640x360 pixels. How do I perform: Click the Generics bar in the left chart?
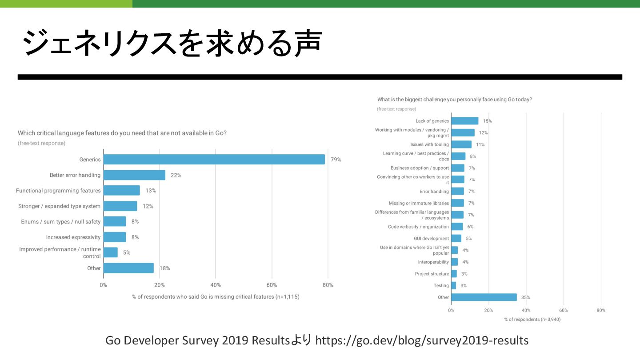tap(214, 160)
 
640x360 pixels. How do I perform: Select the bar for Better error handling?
tap(134, 175)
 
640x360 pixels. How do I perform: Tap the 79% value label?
tap(336, 160)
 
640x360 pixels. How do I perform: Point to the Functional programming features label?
tap(58, 191)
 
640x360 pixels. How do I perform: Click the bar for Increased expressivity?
tap(115, 237)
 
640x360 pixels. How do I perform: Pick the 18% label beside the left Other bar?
tap(165, 268)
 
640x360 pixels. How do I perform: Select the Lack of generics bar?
tap(464, 121)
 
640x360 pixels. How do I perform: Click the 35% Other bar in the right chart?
tap(484, 297)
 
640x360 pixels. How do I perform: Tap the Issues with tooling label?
tap(429, 144)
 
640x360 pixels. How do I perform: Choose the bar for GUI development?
tap(456, 238)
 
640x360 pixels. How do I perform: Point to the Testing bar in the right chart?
tap(453, 285)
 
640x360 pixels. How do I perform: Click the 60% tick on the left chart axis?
tap(272, 285)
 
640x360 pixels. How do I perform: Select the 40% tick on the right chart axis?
tap(526, 310)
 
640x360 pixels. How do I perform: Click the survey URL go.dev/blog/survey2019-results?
tap(422, 341)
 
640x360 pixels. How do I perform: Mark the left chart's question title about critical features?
tap(122, 133)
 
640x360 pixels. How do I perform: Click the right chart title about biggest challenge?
tap(454, 100)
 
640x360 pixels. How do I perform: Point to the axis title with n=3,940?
tap(532, 319)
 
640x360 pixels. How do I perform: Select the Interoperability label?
tap(433, 262)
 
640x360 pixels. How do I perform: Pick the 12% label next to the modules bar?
tap(483, 133)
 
